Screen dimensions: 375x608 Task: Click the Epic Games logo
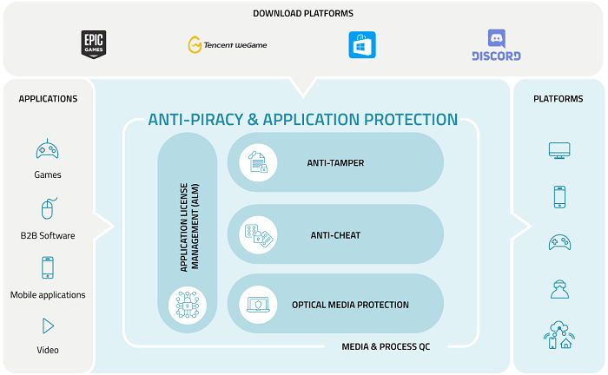point(93,45)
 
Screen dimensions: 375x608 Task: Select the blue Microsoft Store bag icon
point(361,45)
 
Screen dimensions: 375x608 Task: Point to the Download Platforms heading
point(303,13)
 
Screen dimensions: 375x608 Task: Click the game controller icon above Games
point(48,150)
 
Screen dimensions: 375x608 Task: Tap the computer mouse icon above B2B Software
point(48,209)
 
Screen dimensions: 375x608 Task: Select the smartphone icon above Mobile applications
point(48,267)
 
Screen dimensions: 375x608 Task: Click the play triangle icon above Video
point(48,326)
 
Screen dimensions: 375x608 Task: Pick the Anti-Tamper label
point(335,162)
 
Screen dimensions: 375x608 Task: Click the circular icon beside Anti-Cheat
point(258,234)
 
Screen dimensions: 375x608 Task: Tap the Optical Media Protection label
point(350,305)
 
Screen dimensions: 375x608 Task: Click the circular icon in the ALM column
point(186,305)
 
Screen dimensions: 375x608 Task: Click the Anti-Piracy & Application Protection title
point(302,120)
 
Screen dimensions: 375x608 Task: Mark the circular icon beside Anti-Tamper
point(258,162)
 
